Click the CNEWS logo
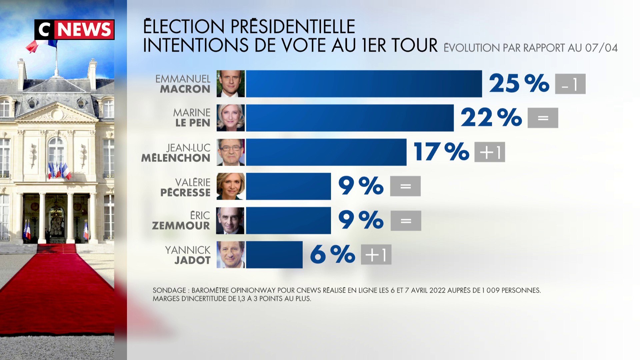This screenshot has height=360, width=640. click(74, 30)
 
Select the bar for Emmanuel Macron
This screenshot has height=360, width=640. click(364, 84)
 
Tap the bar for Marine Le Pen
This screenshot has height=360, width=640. click(350, 118)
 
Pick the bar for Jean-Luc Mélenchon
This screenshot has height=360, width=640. click(326, 152)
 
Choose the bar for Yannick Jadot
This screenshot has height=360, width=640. click(274, 255)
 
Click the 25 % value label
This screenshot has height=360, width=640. click(519, 83)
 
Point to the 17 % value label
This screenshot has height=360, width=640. click(441, 152)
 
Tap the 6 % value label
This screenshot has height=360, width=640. click(332, 255)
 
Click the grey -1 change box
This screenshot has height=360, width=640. click(570, 84)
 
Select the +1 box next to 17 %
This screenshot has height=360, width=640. click(489, 152)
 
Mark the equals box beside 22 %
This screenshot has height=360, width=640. click(543, 118)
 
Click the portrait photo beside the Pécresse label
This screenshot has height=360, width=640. click(230, 186)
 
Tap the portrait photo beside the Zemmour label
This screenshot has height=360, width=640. click(230, 221)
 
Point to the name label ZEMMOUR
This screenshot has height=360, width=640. click(181, 226)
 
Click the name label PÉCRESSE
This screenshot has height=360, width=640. click(185, 193)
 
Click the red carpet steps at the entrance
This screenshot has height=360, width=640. click(56, 248)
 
